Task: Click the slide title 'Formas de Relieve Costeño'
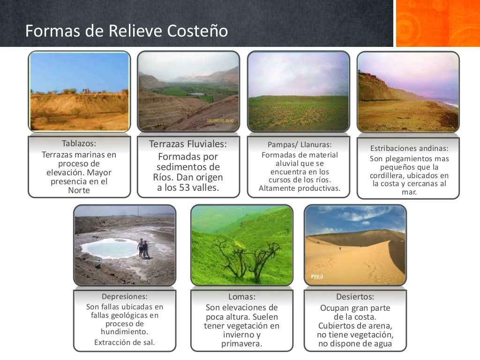[x=127, y=31]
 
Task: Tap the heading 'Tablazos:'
[x=79, y=143]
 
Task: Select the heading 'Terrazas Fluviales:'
[x=188, y=144]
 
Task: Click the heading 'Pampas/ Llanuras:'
[x=300, y=144]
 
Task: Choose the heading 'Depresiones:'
[x=125, y=296]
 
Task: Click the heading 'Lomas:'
[x=242, y=297]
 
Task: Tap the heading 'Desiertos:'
[x=355, y=297]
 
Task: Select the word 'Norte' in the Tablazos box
[x=79, y=190]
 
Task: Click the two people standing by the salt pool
[x=143, y=248]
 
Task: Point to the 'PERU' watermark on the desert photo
[x=317, y=277]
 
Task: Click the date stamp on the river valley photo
[x=220, y=120]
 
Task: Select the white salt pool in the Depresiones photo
[x=110, y=247]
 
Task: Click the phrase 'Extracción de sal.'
[x=125, y=342]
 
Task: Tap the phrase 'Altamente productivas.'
[x=300, y=189]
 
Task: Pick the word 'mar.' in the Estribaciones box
[x=409, y=192]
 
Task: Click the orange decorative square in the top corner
[x=438, y=23]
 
